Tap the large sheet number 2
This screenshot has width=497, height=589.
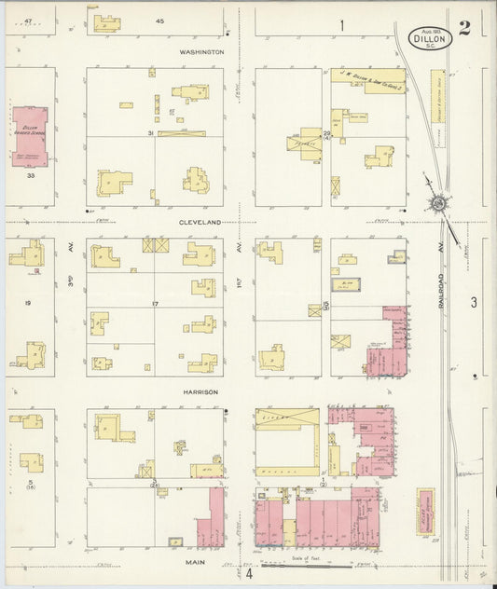(x=463, y=27)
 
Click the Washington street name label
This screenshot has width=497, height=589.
(x=203, y=52)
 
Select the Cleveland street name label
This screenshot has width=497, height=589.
(x=200, y=224)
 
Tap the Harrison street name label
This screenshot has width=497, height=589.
(x=200, y=392)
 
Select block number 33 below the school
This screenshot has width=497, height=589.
(x=30, y=175)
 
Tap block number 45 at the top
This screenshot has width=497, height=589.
(x=159, y=21)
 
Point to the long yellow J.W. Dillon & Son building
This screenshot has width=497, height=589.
(x=368, y=75)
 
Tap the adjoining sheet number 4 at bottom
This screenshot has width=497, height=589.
(x=249, y=573)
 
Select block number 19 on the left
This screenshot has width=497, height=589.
(x=28, y=303)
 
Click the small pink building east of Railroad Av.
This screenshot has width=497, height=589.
(x=425, y=512)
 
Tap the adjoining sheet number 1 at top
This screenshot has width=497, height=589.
(x=341, y=25)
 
